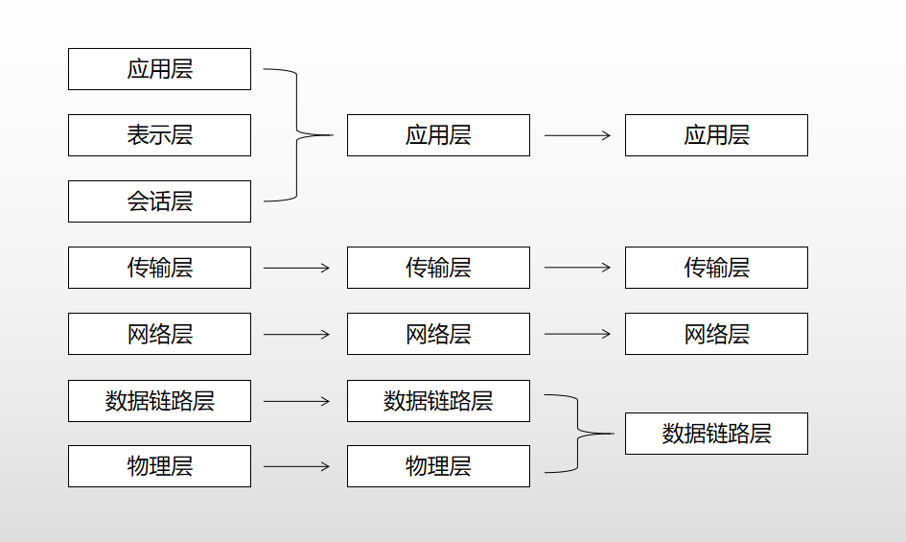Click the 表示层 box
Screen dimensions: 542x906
(x=159, y=135)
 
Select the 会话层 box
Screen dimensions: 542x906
(x=159, y=201)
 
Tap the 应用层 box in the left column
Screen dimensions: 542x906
(x=159, y=69)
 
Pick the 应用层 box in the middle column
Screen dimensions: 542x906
(x=438, y=135)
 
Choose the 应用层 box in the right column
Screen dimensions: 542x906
(x=716, y=135)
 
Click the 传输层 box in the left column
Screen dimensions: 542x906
(x=159, y=268)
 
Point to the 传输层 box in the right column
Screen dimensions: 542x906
(x=716, y=268)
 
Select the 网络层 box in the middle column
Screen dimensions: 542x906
(x=438, y=334)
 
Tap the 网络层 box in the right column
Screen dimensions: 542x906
(x=716, y=334)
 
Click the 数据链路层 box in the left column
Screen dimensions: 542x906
(x=159, y=401)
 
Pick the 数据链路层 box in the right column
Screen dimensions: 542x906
(x=716, y=434)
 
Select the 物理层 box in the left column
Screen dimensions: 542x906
(x=159, y=466)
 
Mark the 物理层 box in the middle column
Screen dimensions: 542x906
(x=438, y=466)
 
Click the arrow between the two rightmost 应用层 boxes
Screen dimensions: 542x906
(x=577, y=135)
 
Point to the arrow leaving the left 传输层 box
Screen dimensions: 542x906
(x=296, y=268)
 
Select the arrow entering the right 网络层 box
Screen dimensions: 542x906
(x=577, y=334)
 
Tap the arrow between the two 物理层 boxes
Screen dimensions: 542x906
(x=296, y=466)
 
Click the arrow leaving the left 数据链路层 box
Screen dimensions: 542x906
(x=296, y=401)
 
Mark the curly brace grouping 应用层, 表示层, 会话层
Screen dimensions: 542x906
(x=297, y=135)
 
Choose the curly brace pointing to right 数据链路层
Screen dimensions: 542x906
(x=578, y=434)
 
